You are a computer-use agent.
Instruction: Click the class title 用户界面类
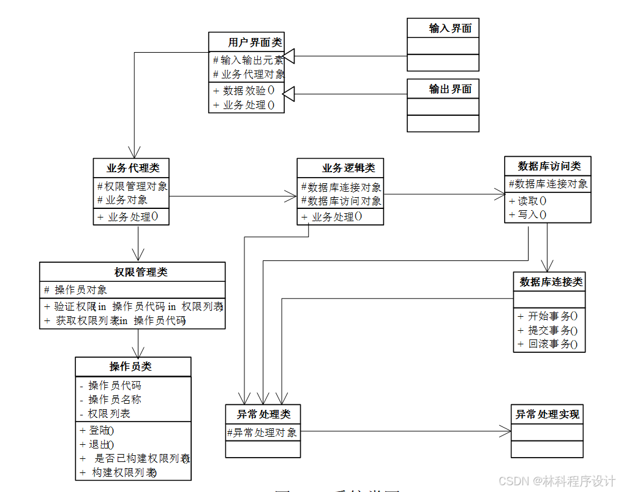pyautogui.click(x=255, y=42)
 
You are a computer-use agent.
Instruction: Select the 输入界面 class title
pyautogui.click(x=450, y=28)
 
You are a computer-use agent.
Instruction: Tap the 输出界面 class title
pyautogui.click(x=450, y=89)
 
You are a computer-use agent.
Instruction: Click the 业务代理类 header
pyautogui.click(x=133, y=168)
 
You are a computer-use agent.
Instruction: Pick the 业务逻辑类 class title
pyautogui.click(x=349, y=168)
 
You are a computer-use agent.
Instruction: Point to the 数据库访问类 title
pyautogui.click(x=549, y=166)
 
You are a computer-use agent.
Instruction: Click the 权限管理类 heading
pyautogui.click(x=140, y=272)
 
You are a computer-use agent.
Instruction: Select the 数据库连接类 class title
pyautogui.click(x=551, y=282)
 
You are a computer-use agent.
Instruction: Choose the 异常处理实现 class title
pyautogui.click(x=547, y=414)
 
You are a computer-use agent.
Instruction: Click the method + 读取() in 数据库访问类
pyautogui.click(x=528, y=201)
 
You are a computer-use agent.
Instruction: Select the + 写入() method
pyautogui.click(x=528, y=214)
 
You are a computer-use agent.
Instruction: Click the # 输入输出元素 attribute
pyautogui.click(x=248, y=60)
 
